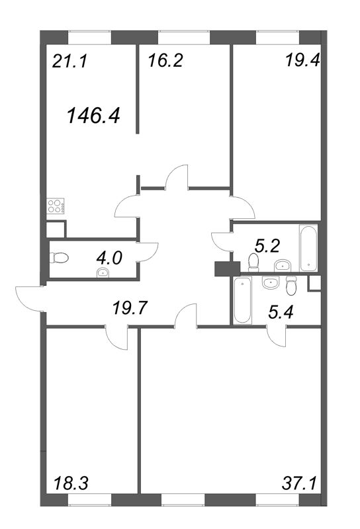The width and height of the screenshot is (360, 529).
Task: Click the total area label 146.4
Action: coord(94,115)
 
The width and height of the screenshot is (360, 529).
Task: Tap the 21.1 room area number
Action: coord(70,61)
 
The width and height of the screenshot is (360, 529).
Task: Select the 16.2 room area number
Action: coord(165,61)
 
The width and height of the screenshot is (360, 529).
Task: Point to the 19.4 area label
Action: coord(302,60)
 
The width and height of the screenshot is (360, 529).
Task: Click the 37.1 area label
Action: coord(299,483)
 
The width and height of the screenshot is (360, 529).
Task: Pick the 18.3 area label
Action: coord(71,483)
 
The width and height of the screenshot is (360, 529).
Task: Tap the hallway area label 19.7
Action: coord(130,308)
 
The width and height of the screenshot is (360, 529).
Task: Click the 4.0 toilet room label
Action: coord(109,259)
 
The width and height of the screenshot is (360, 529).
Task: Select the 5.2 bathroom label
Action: coord(267,246)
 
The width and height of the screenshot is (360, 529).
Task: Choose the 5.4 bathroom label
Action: coord(281,311)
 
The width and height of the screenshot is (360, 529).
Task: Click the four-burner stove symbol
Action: coord(56,206)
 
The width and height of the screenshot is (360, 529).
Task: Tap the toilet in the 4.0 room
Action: coord(59,258)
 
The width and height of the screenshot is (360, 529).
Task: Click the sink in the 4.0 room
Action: coord(103,272)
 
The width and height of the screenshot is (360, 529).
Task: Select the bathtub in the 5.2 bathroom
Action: coord(308,249)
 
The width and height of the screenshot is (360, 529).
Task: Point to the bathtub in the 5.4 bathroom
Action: coord(242,300)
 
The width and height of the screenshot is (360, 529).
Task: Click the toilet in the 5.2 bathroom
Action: coord(253,263)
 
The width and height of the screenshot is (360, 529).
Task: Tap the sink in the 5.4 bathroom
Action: coord(270,282)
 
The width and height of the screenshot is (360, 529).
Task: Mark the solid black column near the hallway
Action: coord(227,269)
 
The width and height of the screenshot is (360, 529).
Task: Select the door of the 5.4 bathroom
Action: coord(276,336)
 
